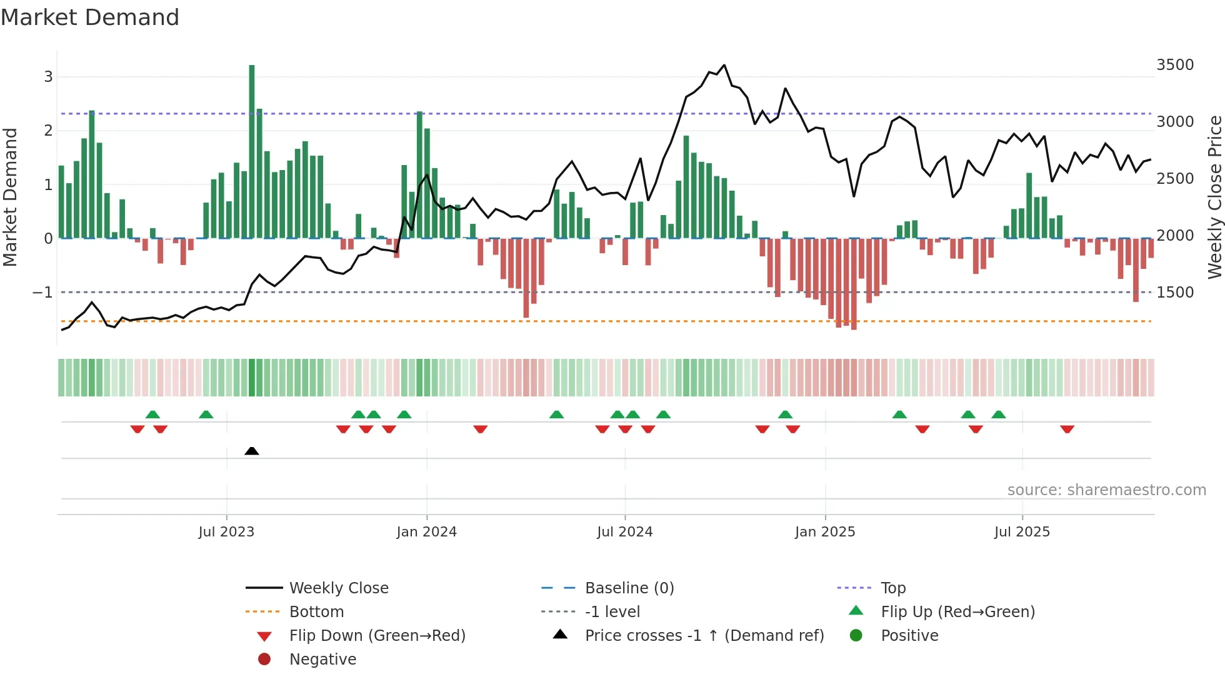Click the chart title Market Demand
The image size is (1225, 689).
coord(90,18)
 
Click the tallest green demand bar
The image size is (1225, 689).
coord(252,150)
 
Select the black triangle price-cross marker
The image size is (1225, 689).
coord(252,451)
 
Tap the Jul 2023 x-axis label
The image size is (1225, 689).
coord(226,532)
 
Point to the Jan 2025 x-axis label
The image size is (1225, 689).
coord(825,532)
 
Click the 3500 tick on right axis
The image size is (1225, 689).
coord(1175,65)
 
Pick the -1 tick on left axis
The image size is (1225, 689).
coord(42,293)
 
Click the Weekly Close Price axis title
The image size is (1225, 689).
coord(1214,197)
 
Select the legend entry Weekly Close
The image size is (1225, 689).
coord(338,588)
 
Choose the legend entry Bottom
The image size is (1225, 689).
coord(316,612)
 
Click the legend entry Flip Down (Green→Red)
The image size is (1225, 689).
coord(377,636)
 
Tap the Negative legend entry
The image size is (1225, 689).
coord(322,660)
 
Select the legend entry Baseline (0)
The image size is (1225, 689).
coord(629,588)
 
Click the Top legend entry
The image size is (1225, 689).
coord(892,588)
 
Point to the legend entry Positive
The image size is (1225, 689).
coord(909,636)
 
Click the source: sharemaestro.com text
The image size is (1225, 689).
coord(1106,490)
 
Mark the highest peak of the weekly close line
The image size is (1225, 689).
coord(724,65)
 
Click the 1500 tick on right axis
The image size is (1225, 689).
coord(1175,293)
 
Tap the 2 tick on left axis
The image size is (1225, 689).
coord(48,131)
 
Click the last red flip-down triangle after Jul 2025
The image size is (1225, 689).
coord(1067,429)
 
